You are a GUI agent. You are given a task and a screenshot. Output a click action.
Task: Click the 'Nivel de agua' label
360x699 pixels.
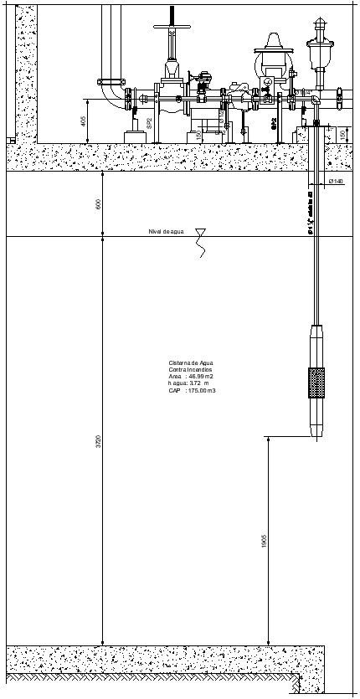pos(166,231)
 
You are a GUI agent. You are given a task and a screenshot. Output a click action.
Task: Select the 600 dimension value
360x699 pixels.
pos(98,204)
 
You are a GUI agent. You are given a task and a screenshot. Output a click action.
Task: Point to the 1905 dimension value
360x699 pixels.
pos(263,541)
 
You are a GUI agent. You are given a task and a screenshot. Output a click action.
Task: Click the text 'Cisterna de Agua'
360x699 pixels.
pos(191,362)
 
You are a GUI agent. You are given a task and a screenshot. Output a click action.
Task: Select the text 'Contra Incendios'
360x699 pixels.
pos(191,369)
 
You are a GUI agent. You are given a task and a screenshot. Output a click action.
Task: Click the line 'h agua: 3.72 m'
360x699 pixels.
pos(189,383)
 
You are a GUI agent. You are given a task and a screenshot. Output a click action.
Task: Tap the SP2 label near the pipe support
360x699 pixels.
pos(149,122)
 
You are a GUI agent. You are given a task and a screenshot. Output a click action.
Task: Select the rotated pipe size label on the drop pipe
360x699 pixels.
pos(311,214)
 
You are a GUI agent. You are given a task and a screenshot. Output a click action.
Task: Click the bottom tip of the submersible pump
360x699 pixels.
pos(317,438)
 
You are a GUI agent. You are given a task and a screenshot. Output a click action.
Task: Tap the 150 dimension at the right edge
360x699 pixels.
pos(342,135)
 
